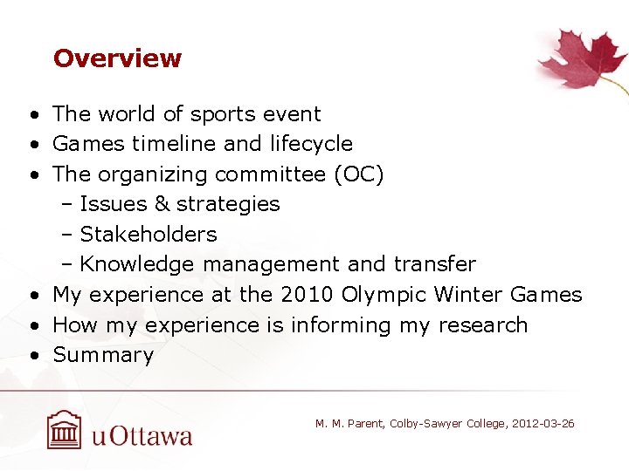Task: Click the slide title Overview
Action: (x=117, y=58)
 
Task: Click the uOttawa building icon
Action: (x=64, y=430)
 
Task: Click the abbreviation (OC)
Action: (x=358, y=174)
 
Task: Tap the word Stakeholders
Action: (x=149, y=235)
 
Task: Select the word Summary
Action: (x=103, y=355)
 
